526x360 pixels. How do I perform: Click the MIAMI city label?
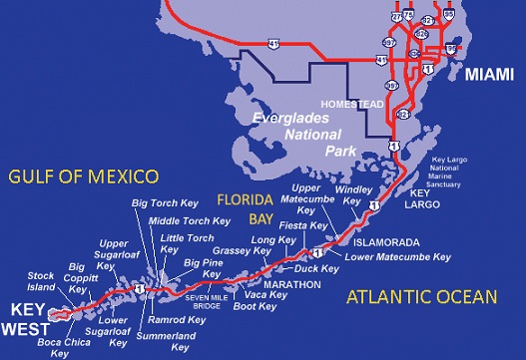[488, 76]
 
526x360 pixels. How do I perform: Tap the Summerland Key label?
[180, 341]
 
